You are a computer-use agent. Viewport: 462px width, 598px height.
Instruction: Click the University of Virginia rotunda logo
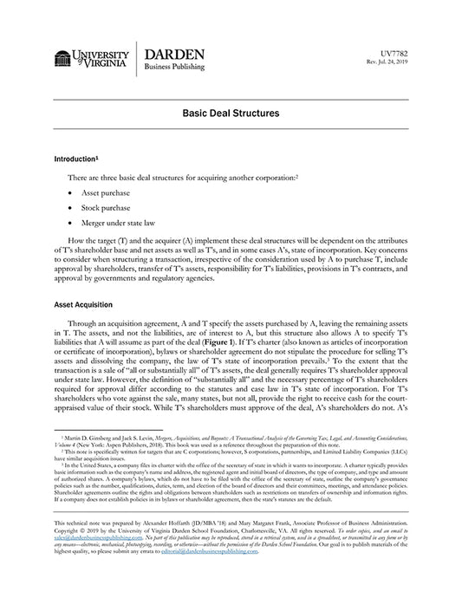click(62, 58)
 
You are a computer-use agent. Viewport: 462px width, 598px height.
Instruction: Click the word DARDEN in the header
click(174, 54)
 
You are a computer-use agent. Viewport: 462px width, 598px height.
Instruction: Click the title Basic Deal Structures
click(231, 113)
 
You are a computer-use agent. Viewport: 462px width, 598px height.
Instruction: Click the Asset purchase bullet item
click(105, 192)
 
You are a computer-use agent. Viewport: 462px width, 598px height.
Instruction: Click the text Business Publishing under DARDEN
click(174, 67)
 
